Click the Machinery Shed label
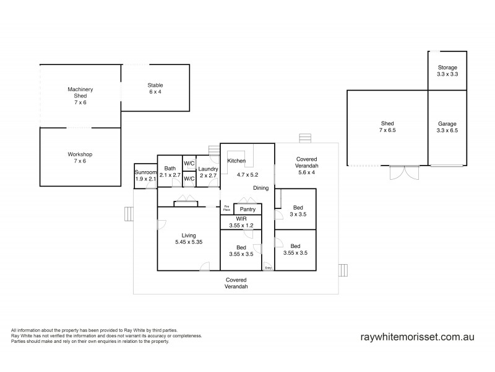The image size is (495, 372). click(x=80, y=95)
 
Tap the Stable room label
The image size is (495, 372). click(x=155, y=89)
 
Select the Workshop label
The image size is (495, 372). click(x=80, y=157)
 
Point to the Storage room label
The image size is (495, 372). click(x=447, y=70)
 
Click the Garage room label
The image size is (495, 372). click(x=447, y=127)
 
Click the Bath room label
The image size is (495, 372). click(x=170, y=172)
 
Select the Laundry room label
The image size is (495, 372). click(x=208, y=172)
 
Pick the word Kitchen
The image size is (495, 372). click(x=236, y=161)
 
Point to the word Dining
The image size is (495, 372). click(x=260, y=187)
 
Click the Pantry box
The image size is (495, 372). click(x=247, y=210)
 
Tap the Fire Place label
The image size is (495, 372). click(x=226, y=209)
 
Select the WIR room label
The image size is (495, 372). click(x=241, y=222)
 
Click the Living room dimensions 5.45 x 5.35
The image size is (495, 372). click(x=189, y=242)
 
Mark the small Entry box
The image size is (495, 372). click(x=268, y=267)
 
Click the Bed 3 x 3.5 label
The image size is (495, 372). click(x=298, y=211)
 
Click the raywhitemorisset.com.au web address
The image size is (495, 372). click(x=417, y=337)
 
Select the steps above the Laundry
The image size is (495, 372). click(x=215, y=151)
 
